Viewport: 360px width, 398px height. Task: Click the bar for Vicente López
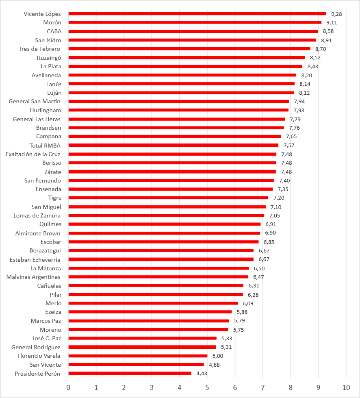197,14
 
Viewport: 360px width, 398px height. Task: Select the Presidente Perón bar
130,373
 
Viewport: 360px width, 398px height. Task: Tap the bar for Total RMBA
173,146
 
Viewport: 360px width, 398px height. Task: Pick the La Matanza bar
158,268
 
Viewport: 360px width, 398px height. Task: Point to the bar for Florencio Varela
138,356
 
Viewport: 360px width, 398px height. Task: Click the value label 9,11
332,23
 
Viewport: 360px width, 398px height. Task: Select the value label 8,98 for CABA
328,31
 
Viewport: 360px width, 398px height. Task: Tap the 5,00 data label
218,356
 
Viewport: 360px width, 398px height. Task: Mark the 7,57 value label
289,146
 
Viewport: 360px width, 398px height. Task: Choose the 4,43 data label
202,373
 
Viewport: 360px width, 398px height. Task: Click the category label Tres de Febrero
39,49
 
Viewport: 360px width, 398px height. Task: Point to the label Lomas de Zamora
37,215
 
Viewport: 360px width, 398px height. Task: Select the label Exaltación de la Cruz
33,154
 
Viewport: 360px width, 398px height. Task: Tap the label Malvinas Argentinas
33,277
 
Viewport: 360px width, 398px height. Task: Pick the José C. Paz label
47,338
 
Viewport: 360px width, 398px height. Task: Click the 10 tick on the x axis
346,387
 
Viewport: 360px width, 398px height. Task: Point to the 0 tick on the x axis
68,387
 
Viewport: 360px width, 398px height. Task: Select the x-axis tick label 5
207,387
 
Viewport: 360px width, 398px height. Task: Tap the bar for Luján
181,93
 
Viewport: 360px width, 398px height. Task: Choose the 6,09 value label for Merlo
248,303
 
